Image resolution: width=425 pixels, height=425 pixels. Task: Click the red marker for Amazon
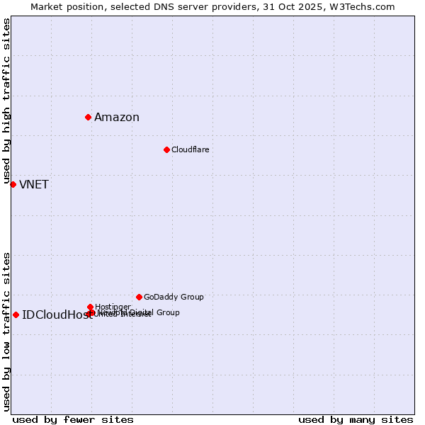(x=88, y=117)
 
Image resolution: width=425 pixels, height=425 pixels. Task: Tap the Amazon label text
(x=117, y=118)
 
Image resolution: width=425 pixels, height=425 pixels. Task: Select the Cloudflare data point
(x=166, y=149)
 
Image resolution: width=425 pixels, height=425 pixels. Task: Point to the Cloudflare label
(x=190, y=149)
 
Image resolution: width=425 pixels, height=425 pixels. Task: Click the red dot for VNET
(x=13, y=184)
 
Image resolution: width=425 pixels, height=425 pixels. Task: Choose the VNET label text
(x=34, y=185)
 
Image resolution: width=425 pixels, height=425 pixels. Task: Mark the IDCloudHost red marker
(x=16, y=314)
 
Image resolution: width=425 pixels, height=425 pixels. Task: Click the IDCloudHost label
(x=57, y=315)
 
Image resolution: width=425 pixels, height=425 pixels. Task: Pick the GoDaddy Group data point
(x=139, y=297)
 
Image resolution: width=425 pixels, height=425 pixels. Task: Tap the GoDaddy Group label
(x=174, y=297)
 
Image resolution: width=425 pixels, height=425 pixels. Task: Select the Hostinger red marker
(x=90, y=307)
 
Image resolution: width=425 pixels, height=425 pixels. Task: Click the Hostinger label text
(x=113, y=307)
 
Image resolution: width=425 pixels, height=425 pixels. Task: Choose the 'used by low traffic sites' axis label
(x=6, y=331)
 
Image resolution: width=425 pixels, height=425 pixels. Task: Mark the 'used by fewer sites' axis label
(x=73, y=419)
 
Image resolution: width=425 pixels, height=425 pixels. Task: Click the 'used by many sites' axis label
(x=356, y=419)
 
